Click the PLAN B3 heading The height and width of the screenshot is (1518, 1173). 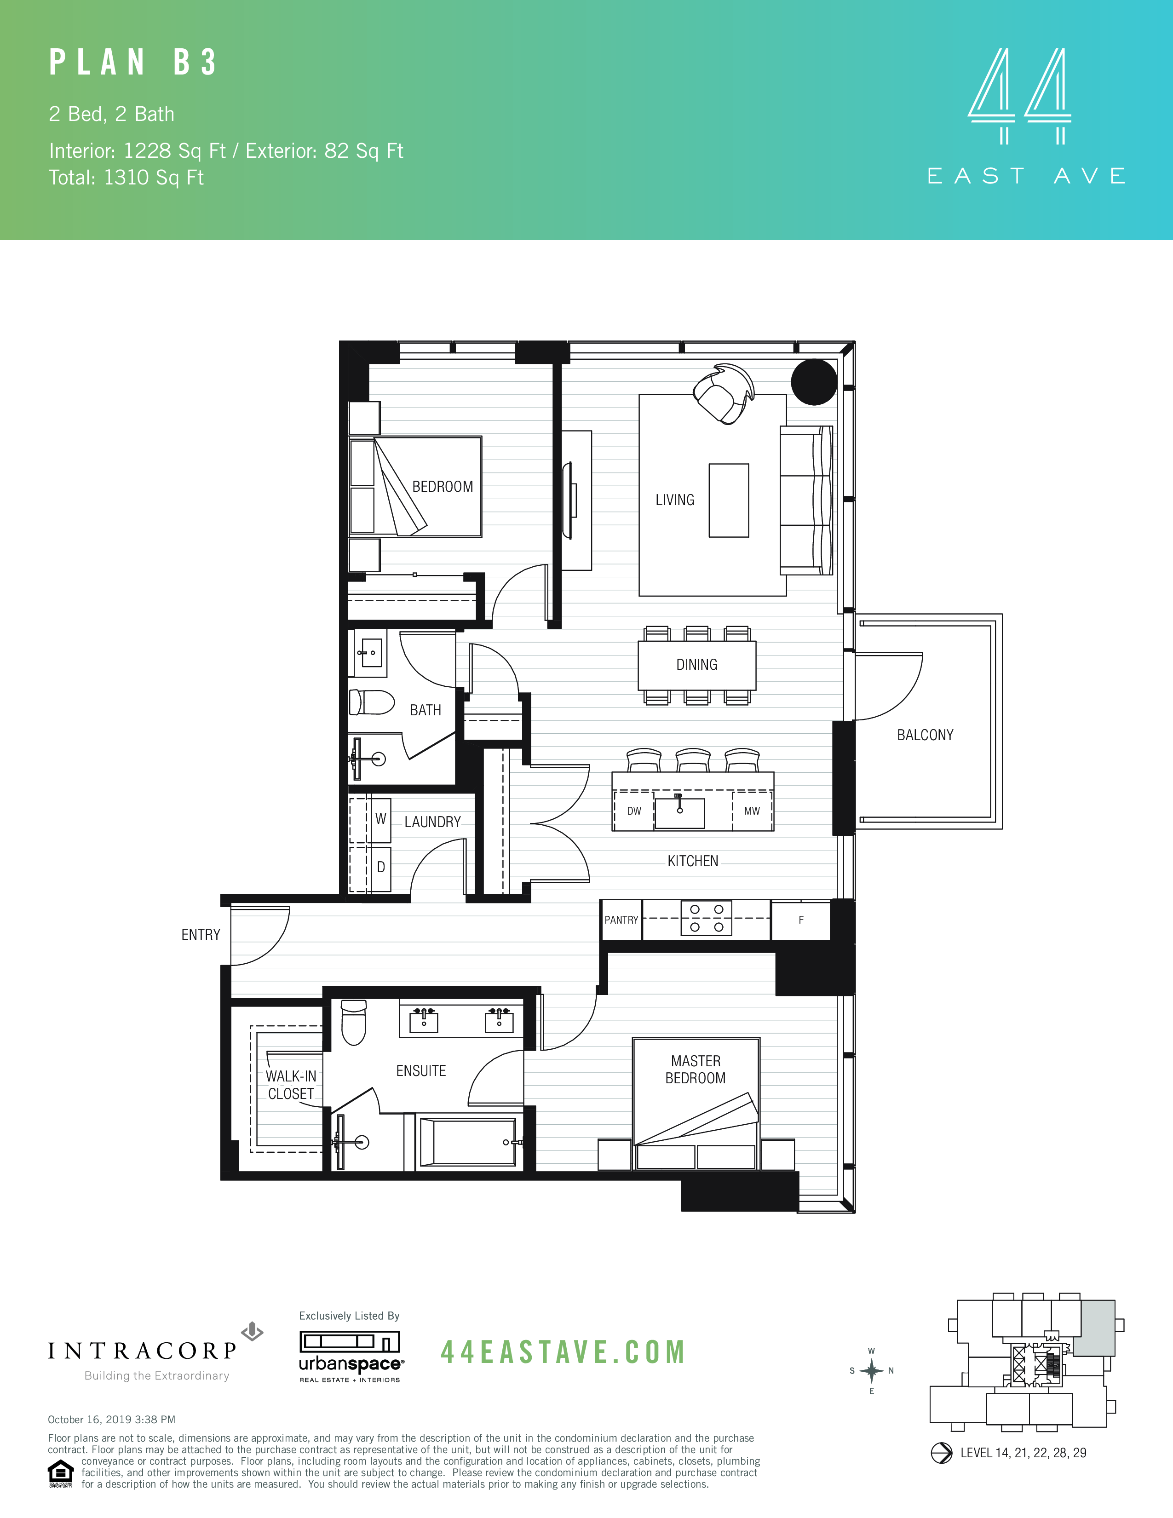pos(133,63)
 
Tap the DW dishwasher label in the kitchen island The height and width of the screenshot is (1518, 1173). pos(634,811)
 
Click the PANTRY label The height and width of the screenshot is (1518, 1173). pos(621,920)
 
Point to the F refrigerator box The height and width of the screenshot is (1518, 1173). pos(800,920)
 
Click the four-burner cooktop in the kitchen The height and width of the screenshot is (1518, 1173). pos(706,918)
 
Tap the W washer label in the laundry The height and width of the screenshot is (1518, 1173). pos(381,819)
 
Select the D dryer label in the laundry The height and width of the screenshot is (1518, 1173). pos(381,868)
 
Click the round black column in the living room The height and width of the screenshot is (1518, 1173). pos(814,382)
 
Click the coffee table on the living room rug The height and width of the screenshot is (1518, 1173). pos(728,500)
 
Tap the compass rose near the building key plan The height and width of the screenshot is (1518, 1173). pos(871,1371)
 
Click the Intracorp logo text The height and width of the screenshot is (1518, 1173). pos(143,1351)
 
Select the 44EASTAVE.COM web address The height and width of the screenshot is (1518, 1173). pos(563,1352)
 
